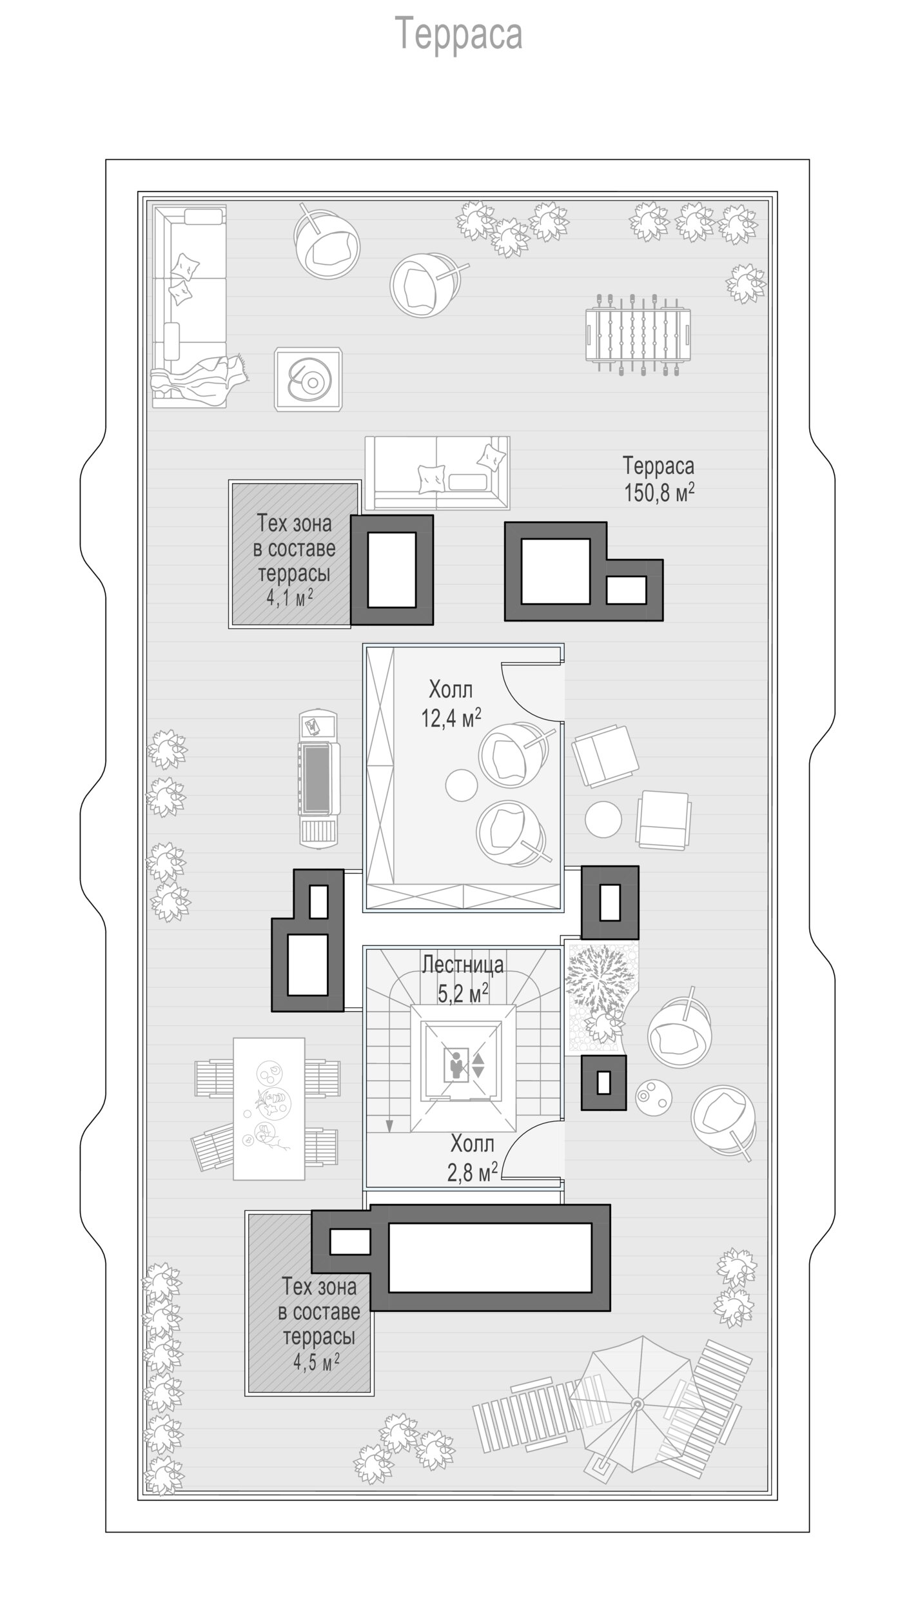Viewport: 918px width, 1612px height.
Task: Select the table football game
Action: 638,333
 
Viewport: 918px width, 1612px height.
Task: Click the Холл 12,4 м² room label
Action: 451,704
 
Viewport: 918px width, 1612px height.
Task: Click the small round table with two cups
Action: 654,1095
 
